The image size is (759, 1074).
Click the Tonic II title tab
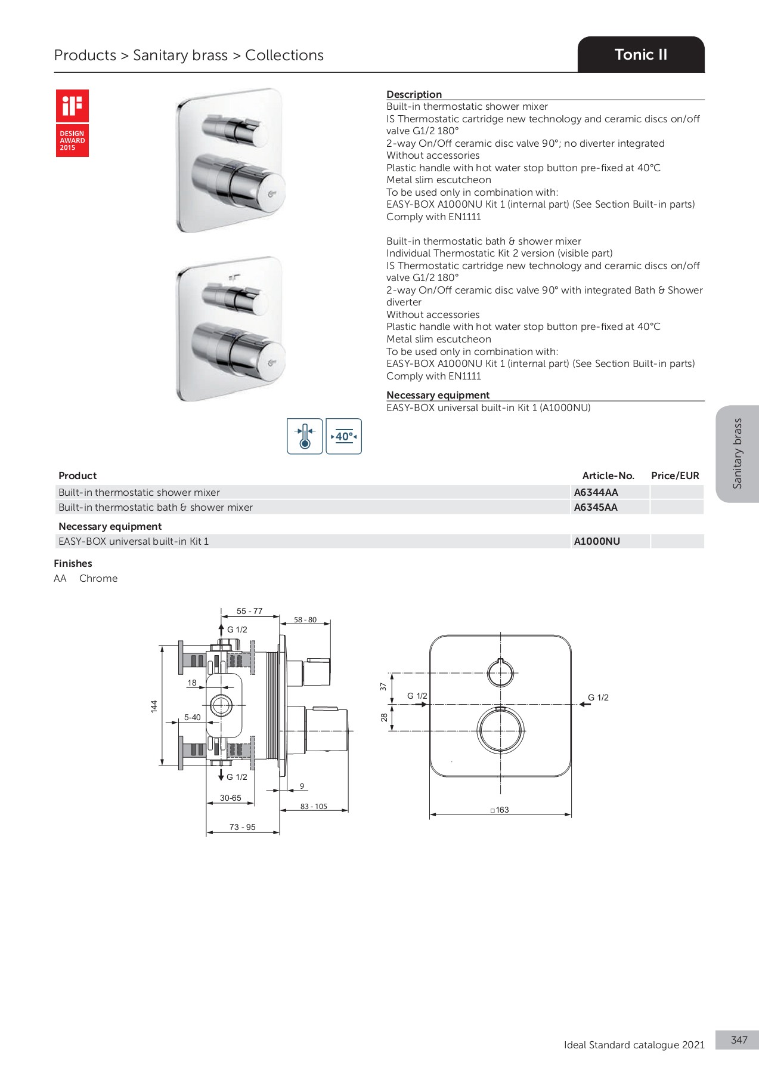[x=641, y=55]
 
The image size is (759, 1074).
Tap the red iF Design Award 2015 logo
[x=72, y=123]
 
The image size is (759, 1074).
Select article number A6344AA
[x=596, y=492]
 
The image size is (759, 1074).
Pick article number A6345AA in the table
[x=596, y=507]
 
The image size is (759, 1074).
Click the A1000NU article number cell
[x=597, y=541]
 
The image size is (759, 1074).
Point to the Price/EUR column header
[x=675, y=476]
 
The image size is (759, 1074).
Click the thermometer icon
[x=305, y=436]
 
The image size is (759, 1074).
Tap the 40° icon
[x=344, y=436]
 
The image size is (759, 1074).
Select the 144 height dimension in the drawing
[x=154, y=706]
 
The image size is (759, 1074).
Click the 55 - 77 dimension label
[x=249, y=611]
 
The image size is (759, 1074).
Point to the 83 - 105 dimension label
[x=314, y=806]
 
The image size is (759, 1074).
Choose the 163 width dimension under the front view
[x=501, y=810]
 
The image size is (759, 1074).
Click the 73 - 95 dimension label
[x=242, y=827]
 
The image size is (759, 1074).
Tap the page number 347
[x=739, y=1040]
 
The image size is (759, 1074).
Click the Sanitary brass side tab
[x=738, y=453]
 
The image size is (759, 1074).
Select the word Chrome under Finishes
[x=98, y=578]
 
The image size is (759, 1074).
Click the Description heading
[x=414, y=94]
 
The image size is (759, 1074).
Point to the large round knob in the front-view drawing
[x=501, y=730]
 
